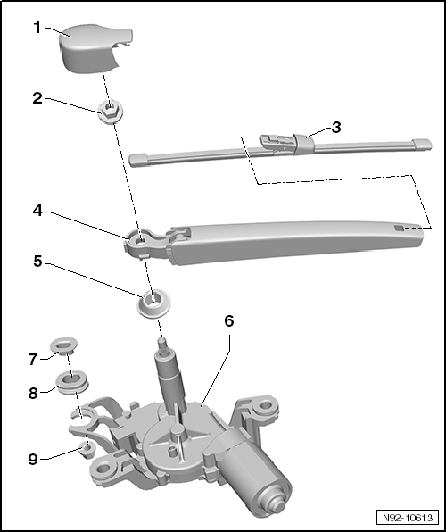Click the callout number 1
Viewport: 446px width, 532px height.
pyautogui.click(x=37, y=28)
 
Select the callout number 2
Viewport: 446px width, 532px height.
pyautogui.click(x=37, y=98)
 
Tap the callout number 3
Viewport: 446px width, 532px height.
pyautogui.click(x=335, y=128)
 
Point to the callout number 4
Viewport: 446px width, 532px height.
pyautogui.click(x=37, y=211)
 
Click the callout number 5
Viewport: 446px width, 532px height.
pyautogui.click(x=38, y=262)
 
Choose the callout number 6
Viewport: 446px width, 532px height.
pyautogui.click(x=229, y=320)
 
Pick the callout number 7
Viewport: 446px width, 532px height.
pyautogui.click(x=32, y=360)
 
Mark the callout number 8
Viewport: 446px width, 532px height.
pyautogui.click(x=33, y=394)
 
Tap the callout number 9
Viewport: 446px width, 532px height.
pyautogui.click(x=33, y=460)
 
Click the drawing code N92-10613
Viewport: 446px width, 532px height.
pyautogui.click(x=408, y=518)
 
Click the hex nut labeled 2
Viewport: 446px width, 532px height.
pyautogui.click(x=111, y=112)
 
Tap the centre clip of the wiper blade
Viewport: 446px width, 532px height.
pyautogui.click(x=304, y=144)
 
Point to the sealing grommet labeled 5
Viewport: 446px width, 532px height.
pyautogui.click(x=153, y=303)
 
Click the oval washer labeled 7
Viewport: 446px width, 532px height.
pyautogui.click(x=63, y=345)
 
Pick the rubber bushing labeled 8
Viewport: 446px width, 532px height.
pyautogui.click(x=72, y=382)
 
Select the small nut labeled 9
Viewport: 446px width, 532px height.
pyautogui.click(x=87, y=450)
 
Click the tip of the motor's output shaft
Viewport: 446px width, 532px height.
pyautogui.click(x=161, y=340)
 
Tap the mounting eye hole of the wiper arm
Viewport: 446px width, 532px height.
pyautogui.click(x=140, y=240)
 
